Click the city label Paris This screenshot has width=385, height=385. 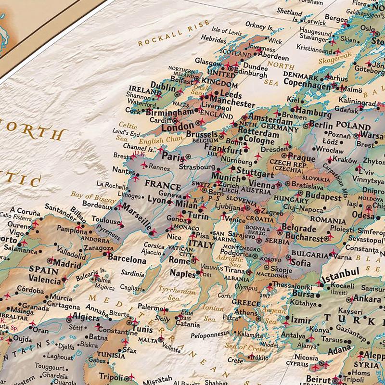(x=173, y=156)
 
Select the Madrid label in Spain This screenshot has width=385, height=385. (x=67, y=264)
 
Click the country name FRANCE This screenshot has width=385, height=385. (x=163, y=185)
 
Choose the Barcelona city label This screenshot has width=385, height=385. (x=127, y=259)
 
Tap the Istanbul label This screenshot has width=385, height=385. (x=340, y=277)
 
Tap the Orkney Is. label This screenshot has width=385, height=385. (x=258, y=25)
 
